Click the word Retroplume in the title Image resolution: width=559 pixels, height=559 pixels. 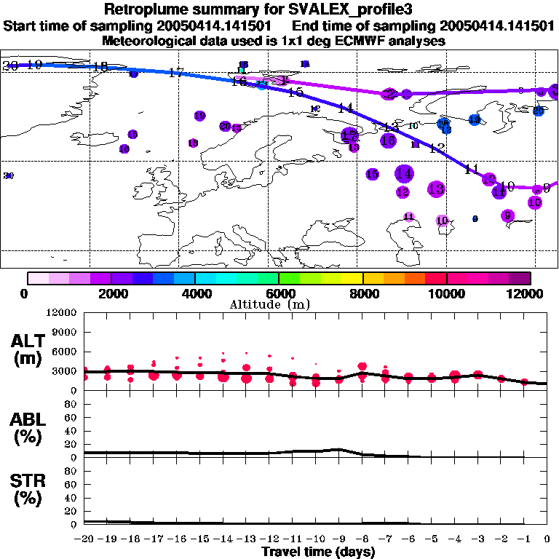click(146, 9)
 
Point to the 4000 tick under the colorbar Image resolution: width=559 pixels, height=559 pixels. click(195, 293)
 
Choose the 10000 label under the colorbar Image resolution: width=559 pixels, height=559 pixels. click(447, 293)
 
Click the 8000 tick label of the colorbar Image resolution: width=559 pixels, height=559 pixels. click(363, 293)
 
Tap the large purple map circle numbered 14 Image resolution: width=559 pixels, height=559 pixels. click(405, 174)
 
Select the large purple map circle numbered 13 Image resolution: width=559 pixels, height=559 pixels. click(436, 189)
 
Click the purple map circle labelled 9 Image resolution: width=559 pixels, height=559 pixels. click(508, 215)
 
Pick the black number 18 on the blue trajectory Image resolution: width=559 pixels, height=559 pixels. click(100, 67)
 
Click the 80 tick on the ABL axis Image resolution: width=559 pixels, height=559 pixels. click(71, 405)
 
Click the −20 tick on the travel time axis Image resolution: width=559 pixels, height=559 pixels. click(84, 539)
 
